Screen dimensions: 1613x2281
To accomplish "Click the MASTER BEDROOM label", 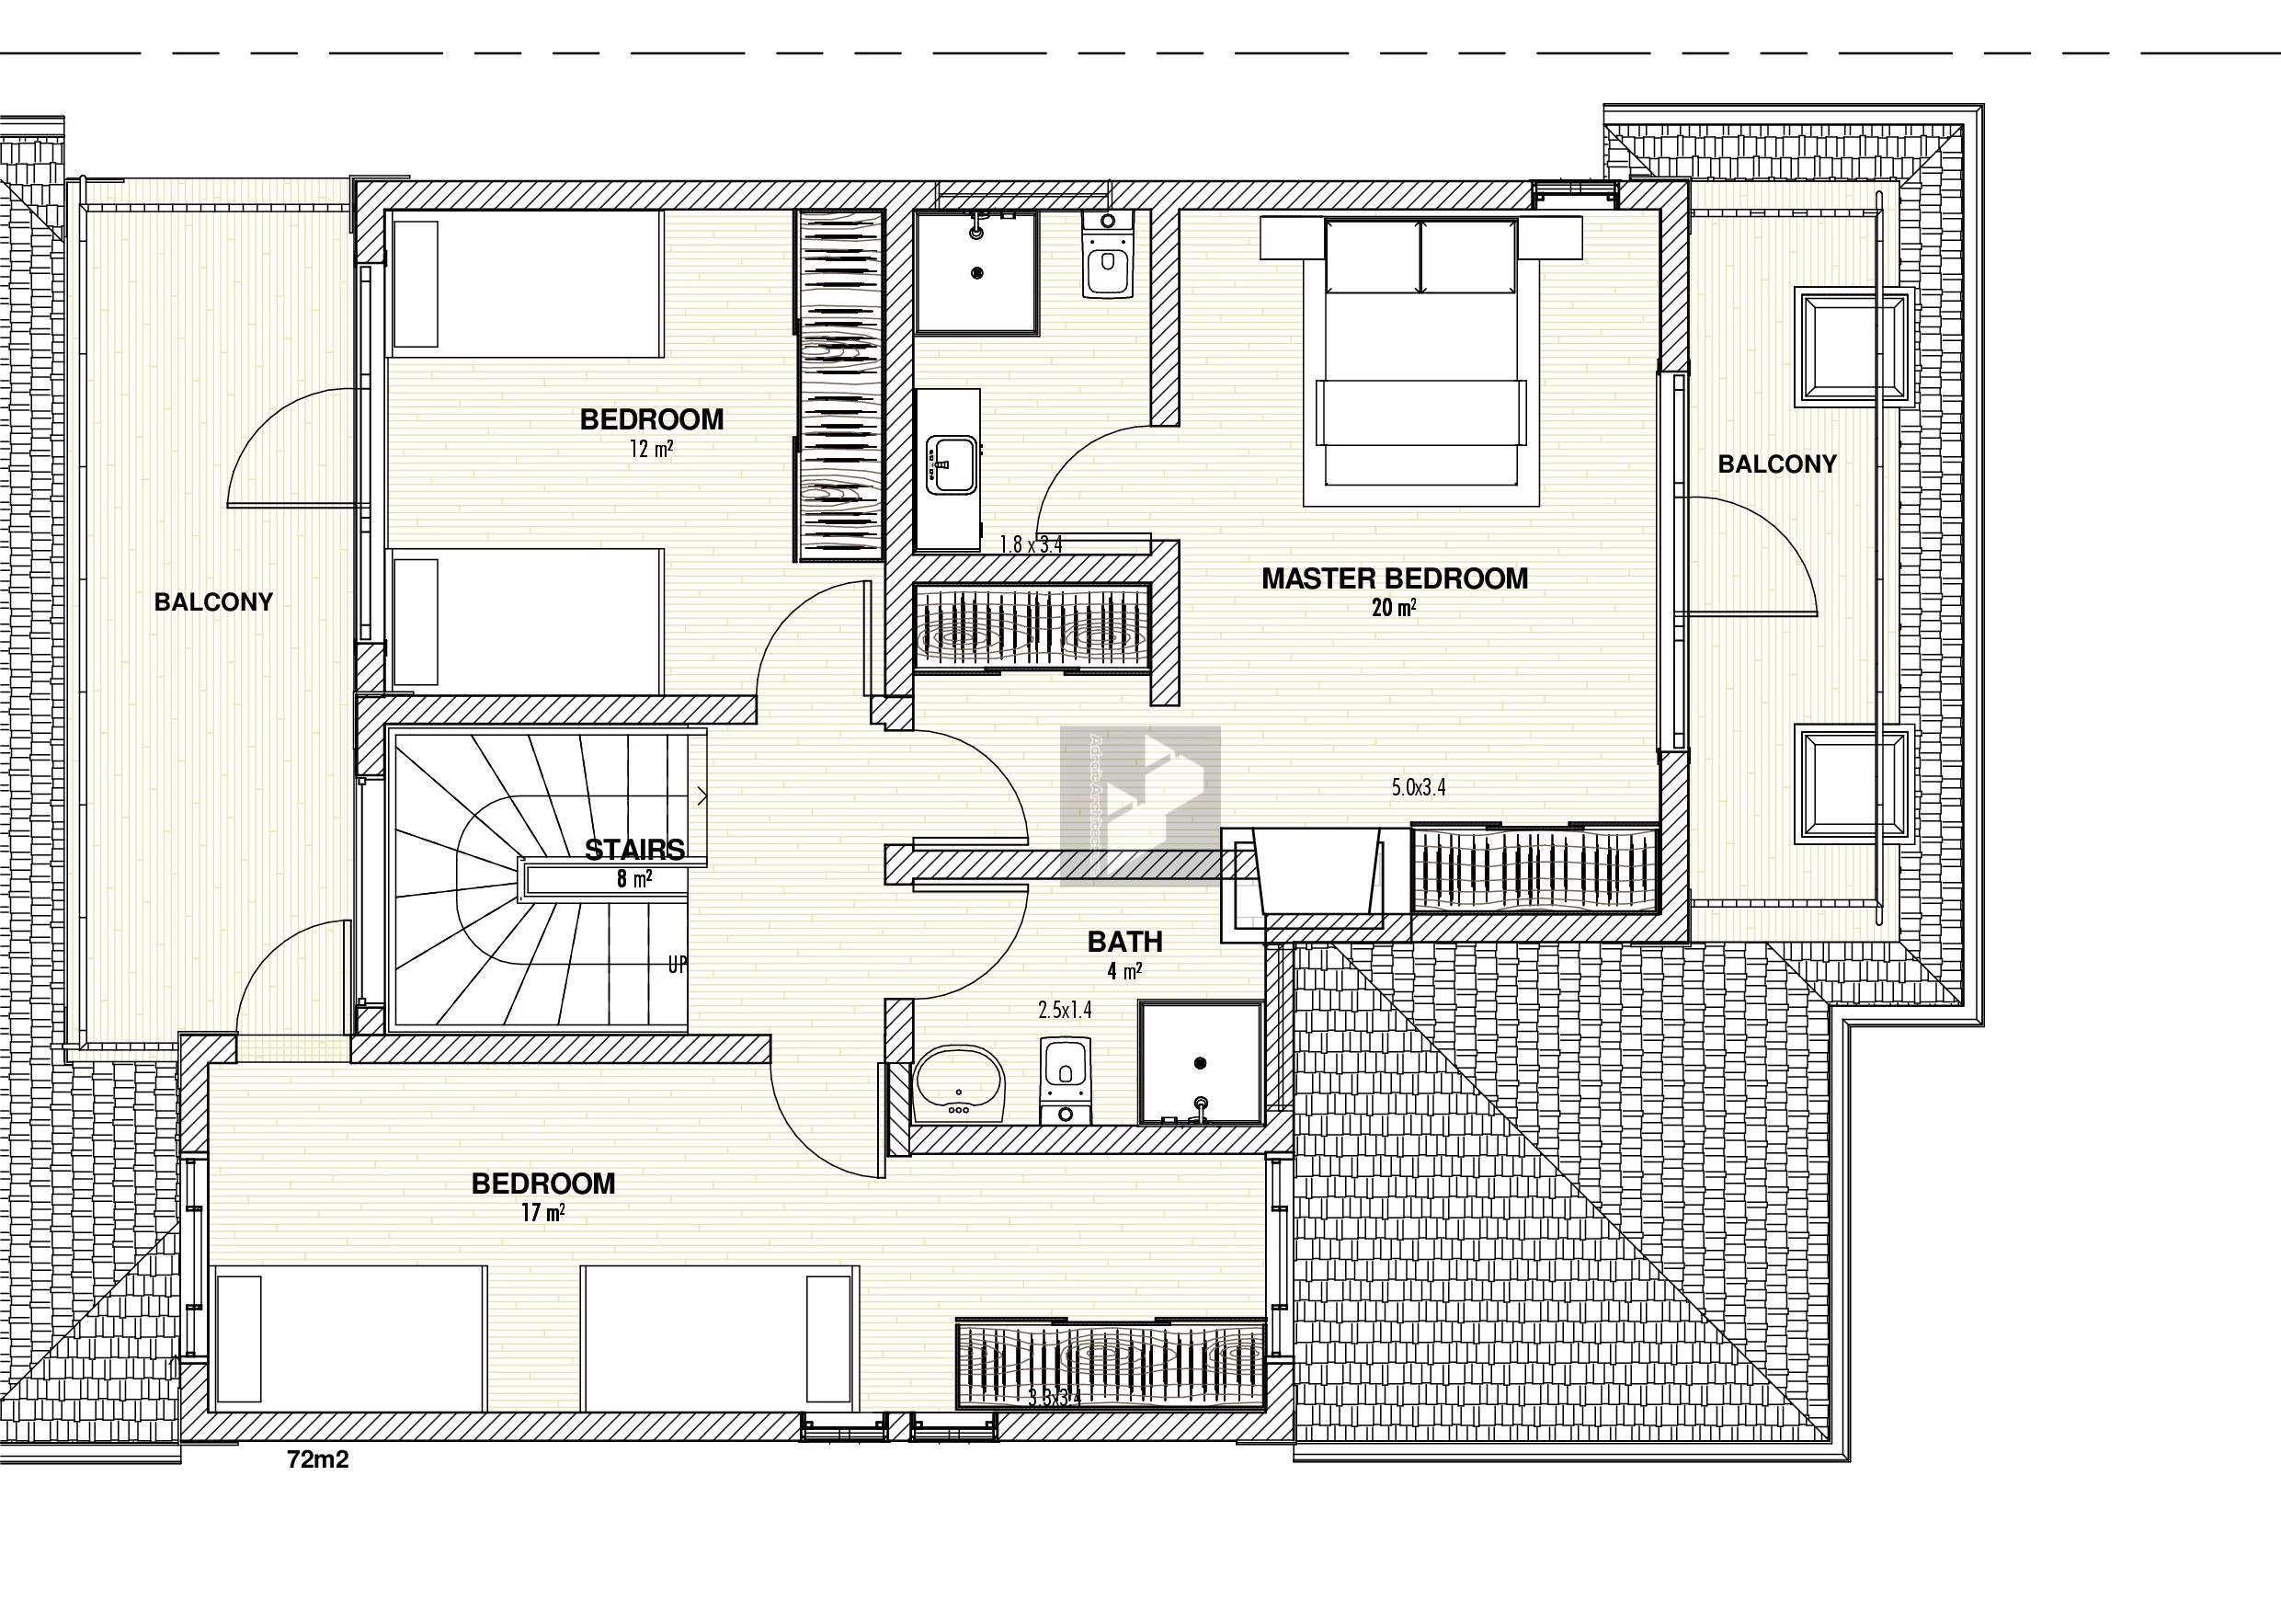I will coord(1395,578).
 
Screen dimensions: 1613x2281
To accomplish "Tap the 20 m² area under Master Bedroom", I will coord(1394,608).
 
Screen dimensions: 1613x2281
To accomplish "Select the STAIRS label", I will coord(633,850).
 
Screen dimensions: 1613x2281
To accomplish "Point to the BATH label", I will coord(1124,941).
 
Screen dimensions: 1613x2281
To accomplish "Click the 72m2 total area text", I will coord(318,1460).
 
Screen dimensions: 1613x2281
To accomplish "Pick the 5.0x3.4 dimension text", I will coord(1419,788).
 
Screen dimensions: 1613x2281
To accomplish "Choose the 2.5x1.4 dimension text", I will coord(1065,1011).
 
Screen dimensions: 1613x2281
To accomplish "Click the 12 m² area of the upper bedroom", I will coord(651,449).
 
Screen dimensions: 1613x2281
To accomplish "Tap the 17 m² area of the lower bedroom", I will coord(542,1212).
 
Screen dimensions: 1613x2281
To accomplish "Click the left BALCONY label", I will coord(213,602).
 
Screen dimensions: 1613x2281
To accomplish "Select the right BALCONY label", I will coord(1777,464).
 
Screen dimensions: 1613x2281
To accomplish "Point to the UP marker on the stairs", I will coord(678,965).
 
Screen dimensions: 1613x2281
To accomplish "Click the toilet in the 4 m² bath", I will coord(1065,1079).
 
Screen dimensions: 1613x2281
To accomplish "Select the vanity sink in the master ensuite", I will coord(951,464).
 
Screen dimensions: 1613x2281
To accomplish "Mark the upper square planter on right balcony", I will coord(1853,348).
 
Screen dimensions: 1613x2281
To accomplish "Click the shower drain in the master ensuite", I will coord(978,271).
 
